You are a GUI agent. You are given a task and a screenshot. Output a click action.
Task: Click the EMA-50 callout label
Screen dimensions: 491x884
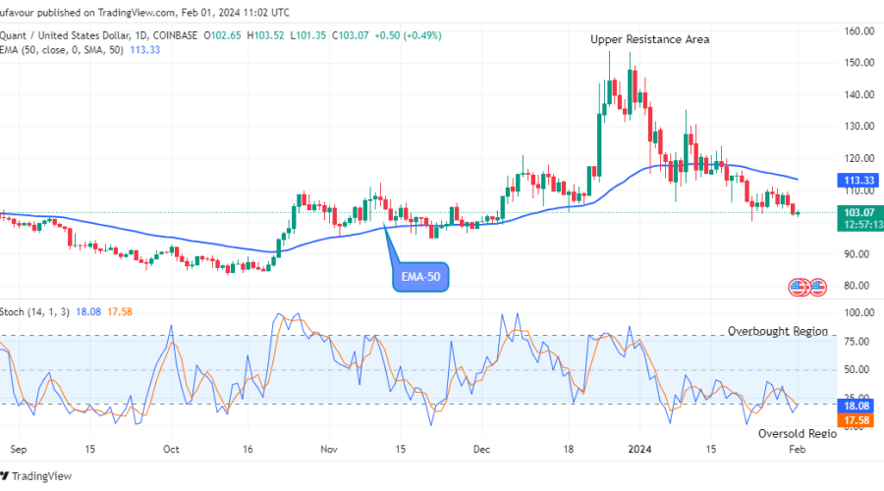424,279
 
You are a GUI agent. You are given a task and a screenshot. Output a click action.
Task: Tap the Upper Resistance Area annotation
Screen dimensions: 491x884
649,39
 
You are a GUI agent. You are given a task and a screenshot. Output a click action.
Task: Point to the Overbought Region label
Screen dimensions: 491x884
777,332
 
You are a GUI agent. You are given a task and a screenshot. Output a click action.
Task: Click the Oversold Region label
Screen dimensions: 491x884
797,433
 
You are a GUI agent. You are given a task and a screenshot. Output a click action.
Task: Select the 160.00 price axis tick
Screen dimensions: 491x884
859,31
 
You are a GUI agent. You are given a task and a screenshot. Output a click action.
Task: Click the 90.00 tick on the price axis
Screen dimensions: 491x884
859,254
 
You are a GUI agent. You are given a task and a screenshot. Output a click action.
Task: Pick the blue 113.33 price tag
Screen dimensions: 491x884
858,181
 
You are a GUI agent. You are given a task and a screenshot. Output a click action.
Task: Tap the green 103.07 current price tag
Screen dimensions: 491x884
858,212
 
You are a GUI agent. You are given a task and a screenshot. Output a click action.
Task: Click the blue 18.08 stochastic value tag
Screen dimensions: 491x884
858,405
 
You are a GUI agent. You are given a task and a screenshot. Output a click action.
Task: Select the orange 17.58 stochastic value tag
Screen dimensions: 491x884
858,420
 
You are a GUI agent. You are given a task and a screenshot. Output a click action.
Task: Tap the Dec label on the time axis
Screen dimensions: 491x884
481,448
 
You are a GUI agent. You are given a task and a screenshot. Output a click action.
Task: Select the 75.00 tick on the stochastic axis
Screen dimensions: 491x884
859,342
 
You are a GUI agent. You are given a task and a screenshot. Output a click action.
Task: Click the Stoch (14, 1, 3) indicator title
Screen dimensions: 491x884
37,311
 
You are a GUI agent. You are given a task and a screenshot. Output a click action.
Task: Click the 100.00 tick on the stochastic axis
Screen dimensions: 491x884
859,312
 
